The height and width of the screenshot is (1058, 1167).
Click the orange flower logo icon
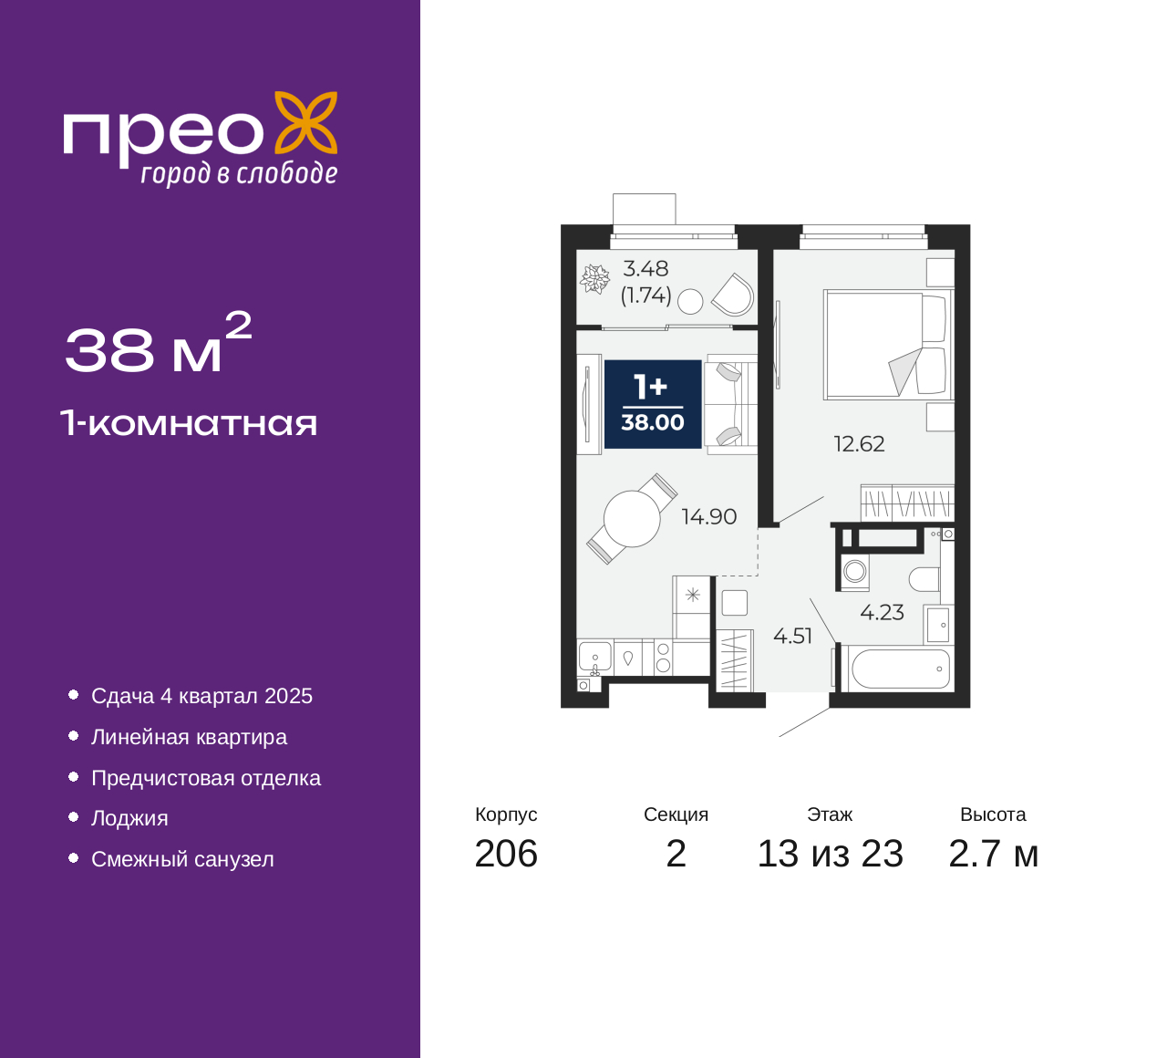tap(306, 122)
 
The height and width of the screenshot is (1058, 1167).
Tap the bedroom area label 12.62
tap(859, 444)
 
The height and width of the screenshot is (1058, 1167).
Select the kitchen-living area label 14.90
tap(709, 517)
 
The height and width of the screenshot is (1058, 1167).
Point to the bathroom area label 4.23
tap(882, 612)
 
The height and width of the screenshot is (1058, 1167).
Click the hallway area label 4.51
tap(792, 636)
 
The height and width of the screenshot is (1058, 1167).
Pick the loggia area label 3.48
tap(645, 269)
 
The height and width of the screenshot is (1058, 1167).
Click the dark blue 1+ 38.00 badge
tap(653, 404)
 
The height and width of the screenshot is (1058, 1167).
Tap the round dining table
tap(632, 519)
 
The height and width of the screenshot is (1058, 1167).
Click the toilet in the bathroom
tap(924, 579)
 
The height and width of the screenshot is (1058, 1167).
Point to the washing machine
tap(855, 572)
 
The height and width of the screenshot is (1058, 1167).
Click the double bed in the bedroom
tap(888, 345)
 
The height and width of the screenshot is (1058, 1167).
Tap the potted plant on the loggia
tap(594, 279)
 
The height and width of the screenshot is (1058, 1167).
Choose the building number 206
tap(506, 855)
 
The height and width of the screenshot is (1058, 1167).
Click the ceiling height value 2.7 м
tap(993, 855)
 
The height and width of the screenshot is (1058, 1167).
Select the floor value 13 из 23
tap(831, 855)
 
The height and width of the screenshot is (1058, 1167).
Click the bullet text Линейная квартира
tap(189, 737)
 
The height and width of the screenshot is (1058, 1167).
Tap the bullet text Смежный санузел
tap(182, 859)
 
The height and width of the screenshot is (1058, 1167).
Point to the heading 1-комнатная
tap(189, 424)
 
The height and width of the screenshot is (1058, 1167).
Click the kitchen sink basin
tap(595, 657)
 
